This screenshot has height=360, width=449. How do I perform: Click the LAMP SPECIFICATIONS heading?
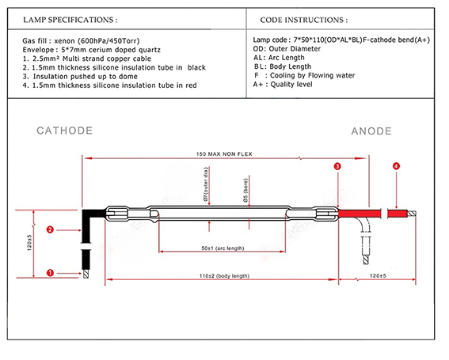coord(70,20)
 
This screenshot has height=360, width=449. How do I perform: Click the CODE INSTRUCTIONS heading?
coord(304,20)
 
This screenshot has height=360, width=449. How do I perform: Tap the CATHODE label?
coord(64,131)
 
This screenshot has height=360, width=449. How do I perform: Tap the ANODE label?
coord(371,131)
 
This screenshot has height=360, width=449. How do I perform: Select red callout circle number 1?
coord(50,273)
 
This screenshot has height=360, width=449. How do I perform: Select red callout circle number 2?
coord(50,229)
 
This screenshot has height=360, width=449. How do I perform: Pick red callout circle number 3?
coord(337,166)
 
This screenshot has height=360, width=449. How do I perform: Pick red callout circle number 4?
coord(396,166)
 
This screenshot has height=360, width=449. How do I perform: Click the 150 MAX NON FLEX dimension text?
coord(224,154)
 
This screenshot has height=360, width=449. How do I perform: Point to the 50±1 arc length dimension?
coord(223,248)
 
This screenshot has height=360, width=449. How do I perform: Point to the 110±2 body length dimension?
coord(224,276)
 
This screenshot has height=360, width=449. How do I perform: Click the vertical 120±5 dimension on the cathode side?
coord(29,243)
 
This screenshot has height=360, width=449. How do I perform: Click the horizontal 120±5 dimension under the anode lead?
coord(378,275)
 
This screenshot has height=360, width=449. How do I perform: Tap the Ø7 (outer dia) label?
coord(206,184)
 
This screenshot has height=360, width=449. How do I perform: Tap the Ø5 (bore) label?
coord(245,191)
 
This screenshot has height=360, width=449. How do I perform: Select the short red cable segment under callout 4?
coord(398,214)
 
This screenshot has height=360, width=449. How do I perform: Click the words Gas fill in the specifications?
coord(34,40)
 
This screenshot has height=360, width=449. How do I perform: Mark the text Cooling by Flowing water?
coord(312,75)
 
